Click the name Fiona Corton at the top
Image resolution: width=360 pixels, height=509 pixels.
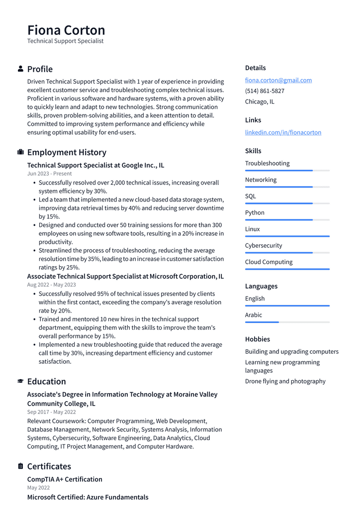[x=66, y=30]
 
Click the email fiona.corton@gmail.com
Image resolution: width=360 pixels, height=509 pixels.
[x=278, y=80]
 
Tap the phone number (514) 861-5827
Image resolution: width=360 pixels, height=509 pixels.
[x=265, y=91]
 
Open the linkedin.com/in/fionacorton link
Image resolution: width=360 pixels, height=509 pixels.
[x=283, y=132]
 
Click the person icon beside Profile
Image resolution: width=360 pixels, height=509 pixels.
[x=20, y=69]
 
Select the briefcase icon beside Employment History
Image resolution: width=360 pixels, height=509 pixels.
[x=20, y=152]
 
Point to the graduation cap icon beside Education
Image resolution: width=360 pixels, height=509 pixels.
[x=20, y=381]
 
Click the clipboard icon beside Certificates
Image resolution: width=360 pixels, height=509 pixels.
[x=20, y=466]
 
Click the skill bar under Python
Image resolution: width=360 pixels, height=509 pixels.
[x=287, y=219]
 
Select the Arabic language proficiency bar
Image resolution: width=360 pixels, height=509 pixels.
[x=287, y=322]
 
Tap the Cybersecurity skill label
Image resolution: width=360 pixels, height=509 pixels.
[x=263, y=245]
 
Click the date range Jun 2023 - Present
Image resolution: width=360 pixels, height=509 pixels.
[x=49, y=174]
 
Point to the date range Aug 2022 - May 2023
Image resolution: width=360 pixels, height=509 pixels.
[x=51, y=285]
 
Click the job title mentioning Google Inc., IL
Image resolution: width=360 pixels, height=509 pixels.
[x=95, y=165]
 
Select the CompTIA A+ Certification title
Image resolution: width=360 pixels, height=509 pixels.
[x=65, y=479]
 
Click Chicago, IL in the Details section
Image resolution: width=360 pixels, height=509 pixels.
[x=260, y=102]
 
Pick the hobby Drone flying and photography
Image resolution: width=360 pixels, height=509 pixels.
[x=285, y=381]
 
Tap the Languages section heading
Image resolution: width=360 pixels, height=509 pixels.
[x=261, y=286]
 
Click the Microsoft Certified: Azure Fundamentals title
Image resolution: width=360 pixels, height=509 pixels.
[x=88, y=497]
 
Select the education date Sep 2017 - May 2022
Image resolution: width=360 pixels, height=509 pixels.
[x=51, y=412]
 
